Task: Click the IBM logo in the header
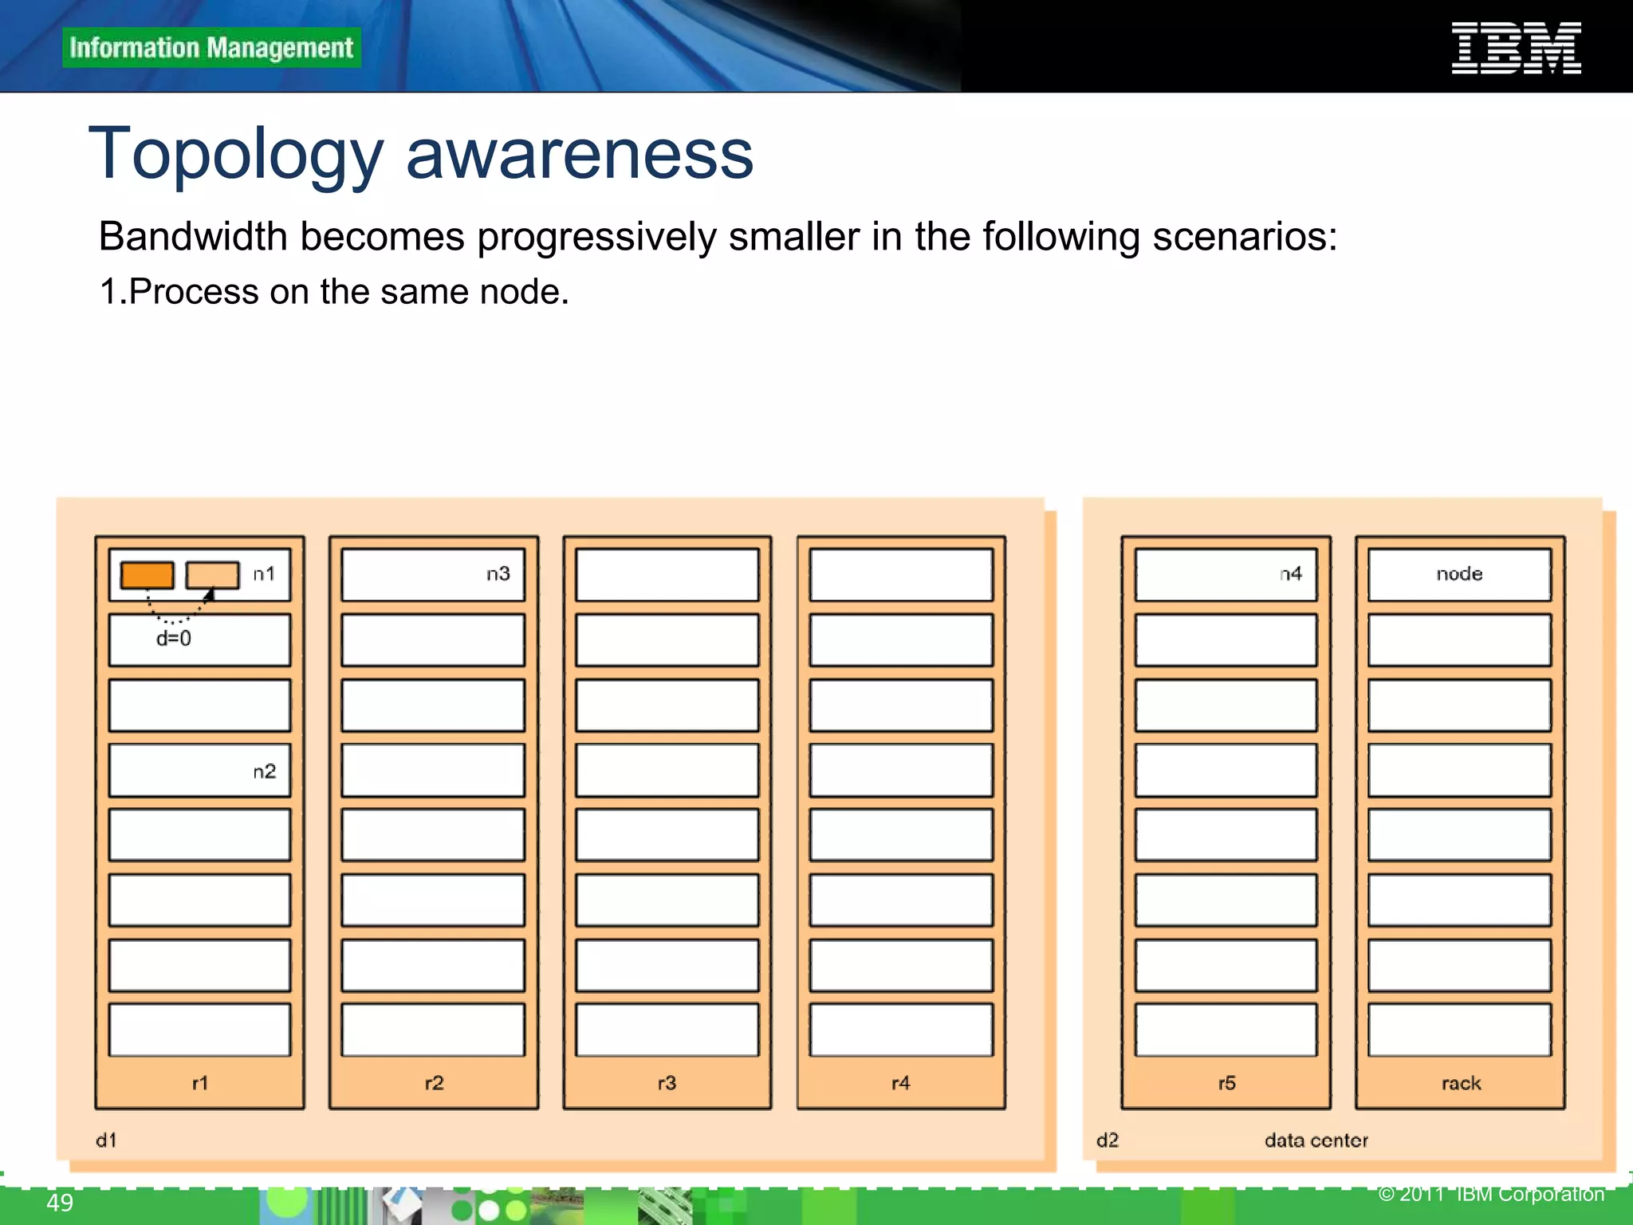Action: (1516, 49)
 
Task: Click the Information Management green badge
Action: (211, 48)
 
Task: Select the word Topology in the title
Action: (236, 154)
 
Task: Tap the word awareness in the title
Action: (580, 154)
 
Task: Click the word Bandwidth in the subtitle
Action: (192, 237)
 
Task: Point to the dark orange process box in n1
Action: (148, 575)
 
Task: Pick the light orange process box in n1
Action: (212, 575)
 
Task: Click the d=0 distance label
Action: (174, 638)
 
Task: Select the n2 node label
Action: (264, 771)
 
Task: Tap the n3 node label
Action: (498, 574)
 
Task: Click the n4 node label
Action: (1290, 574)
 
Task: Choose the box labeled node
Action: (1459, 574)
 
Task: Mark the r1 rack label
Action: (200, 1083)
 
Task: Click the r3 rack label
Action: (667, 1083)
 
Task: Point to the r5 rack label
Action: (1226, 1083)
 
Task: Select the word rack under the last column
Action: (1461, 1083)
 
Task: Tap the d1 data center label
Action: (106, 1140)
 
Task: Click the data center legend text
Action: (1316, 1140)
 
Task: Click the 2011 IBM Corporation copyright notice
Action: (1491, 1194)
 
